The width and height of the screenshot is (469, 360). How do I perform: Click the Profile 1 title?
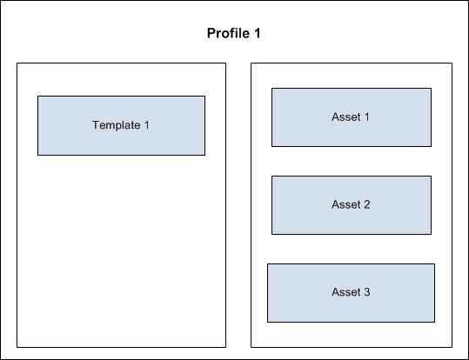[233, 33]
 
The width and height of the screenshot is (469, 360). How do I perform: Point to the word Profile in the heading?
[229, 33]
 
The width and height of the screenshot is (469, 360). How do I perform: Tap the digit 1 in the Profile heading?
[258, 33]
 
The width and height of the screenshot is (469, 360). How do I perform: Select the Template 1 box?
[122, 125]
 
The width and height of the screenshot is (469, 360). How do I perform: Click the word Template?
[117, 125]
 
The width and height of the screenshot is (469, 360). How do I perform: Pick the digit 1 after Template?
[147, 125]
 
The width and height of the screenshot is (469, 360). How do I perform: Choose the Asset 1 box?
[352, 117]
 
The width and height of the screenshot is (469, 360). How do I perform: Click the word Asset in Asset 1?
[346, 117]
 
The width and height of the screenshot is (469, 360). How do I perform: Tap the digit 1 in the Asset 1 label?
[367, 117]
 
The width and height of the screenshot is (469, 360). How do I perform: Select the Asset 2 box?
[352, 205]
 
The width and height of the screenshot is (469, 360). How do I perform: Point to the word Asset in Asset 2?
[346, 204]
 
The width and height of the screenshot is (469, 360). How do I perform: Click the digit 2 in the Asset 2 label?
[367, 204]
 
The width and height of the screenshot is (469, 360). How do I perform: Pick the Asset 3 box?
[352, 293]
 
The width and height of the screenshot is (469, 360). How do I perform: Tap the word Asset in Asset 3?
[346, 292]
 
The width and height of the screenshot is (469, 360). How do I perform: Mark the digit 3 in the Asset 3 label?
[367, 292]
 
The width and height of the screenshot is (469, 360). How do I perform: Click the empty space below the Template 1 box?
[122, 251]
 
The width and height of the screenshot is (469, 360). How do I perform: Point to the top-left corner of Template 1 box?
[37, 96]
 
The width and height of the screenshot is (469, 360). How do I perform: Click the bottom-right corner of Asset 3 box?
[435, 323]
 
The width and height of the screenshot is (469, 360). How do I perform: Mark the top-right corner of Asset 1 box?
[432, 88]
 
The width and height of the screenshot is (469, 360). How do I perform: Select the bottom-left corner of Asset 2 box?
[271, 235]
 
